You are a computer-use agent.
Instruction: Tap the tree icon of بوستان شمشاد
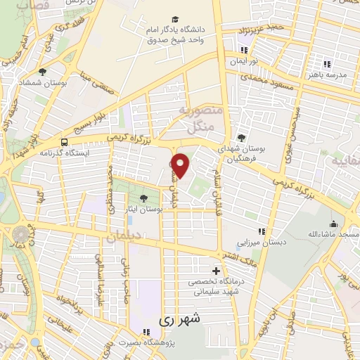point(43,72)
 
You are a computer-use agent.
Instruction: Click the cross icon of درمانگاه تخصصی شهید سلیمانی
point(216,271)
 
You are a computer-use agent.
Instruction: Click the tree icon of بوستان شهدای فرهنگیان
point(242,138)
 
